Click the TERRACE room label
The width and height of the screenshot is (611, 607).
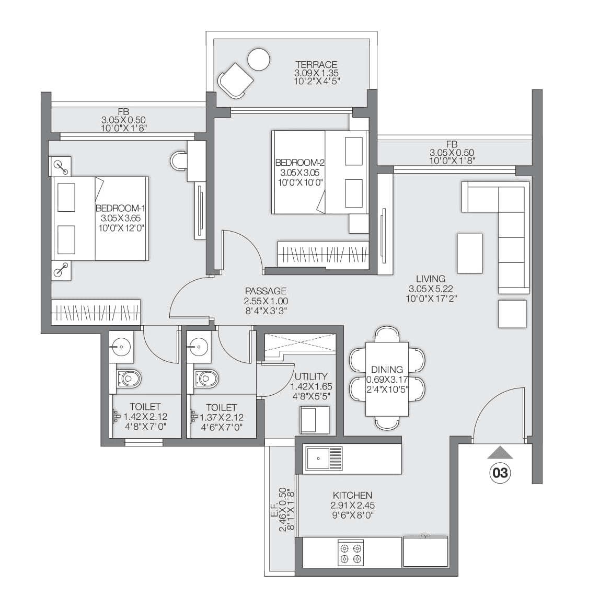coord(316,65)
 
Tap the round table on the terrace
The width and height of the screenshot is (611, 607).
coord(259,59)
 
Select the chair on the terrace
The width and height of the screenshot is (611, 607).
coord(235,81)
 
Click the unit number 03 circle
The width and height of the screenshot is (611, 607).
coord(500,473)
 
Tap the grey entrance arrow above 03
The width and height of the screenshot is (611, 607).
coord(500,452)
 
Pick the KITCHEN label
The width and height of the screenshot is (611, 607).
coord(352,495)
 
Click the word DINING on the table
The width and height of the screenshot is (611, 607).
coord(387,370)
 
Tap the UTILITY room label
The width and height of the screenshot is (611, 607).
coord(311,376)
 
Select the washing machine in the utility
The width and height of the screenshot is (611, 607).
coord(315,419)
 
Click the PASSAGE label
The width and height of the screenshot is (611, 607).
coord(266,291)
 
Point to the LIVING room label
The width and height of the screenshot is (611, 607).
coord(430,279)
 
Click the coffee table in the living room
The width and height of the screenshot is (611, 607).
coord(469,253)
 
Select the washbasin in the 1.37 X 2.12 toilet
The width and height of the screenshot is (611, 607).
coord(199,345)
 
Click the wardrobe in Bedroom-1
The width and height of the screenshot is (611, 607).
coord(96,312)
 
